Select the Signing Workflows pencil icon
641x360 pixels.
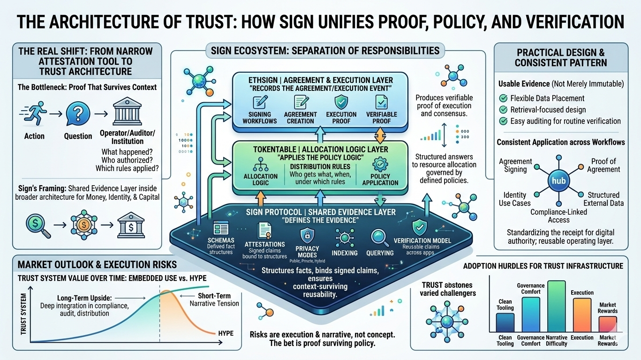pos(259,101)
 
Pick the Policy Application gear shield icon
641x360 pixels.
pos(379,167)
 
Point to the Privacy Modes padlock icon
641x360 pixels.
pos(307,235)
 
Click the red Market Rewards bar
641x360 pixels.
pos(607,324)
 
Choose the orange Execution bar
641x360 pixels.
pos(582,315)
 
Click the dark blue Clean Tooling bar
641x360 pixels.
pos(505,322)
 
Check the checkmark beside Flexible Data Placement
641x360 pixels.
pos(504,98)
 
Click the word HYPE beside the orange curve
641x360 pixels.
pos(226,333)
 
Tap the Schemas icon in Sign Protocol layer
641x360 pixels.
pos(220,228)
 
